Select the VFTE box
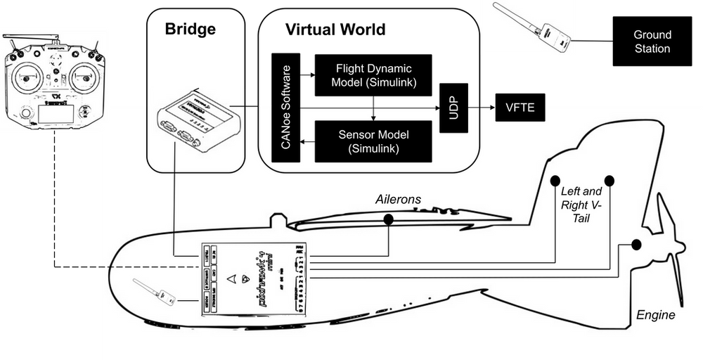point(520,109)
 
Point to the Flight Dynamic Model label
point(373,75)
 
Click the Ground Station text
point(652,41)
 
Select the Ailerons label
point(397,200)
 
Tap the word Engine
point(655,315)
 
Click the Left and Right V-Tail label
point(581,204)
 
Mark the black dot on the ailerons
point(388,219)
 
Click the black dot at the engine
point(636,244)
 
